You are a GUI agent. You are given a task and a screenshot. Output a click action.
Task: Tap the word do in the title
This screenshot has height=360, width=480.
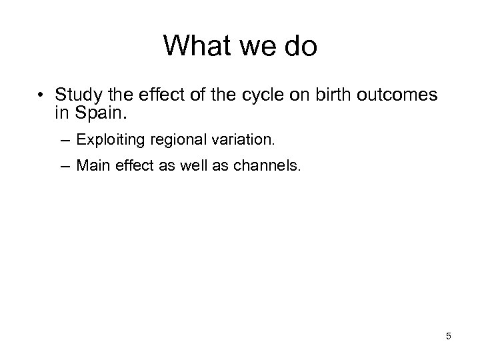299,46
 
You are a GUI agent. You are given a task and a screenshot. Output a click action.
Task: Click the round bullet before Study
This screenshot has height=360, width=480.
41,96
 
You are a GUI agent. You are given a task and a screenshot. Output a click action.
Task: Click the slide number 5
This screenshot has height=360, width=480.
449,336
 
